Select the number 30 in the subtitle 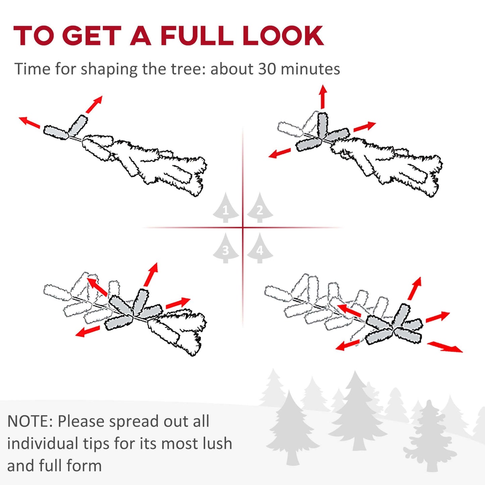point(267,69)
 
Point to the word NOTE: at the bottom point(30,421)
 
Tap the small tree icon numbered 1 point(226,208)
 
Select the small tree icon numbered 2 point(260,208)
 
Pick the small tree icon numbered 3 point(226,248)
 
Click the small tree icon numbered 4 point(260,248)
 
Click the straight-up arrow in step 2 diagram point(323,97)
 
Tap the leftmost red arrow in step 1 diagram point(29,122)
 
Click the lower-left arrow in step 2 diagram point(280,153)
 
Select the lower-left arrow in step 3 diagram point(87,331)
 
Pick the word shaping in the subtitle point(109,69)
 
